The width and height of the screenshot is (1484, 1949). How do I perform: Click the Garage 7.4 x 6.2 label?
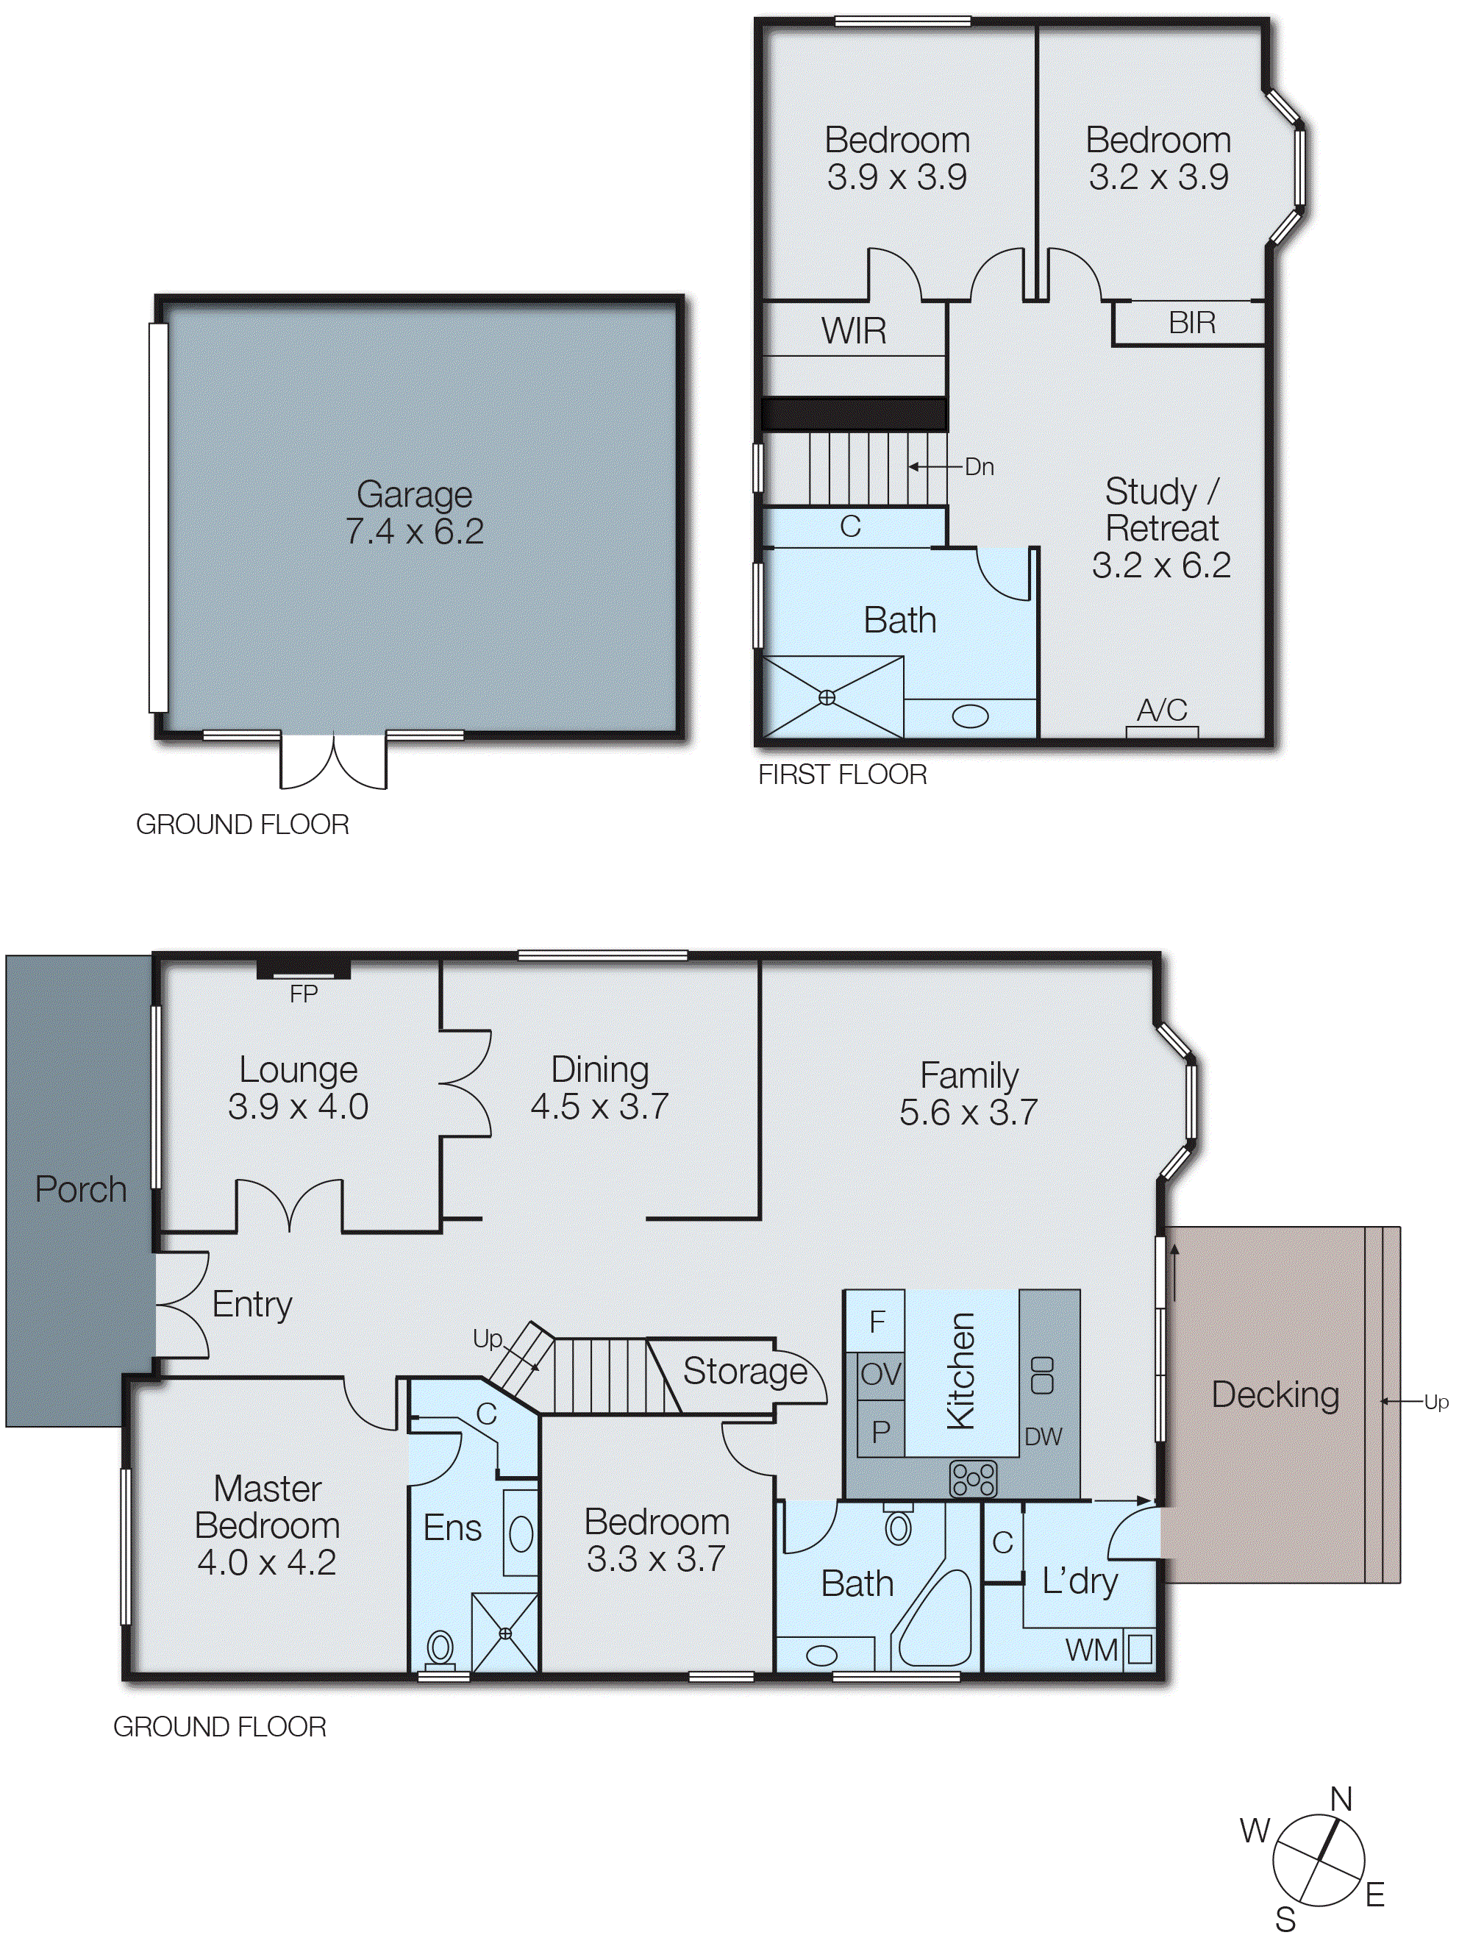pyautogui.click(x=413, y=513)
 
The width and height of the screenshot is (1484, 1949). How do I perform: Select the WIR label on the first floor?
pyautogui.click(x=853, y=330)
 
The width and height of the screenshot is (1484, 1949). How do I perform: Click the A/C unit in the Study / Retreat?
pyautogui.click(x=1162, y=730)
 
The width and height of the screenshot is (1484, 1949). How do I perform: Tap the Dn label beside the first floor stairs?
pyautogui.click(x=979, y=466)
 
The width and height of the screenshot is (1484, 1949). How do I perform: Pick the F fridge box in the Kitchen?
pyautogui.click(x=877, y=1322)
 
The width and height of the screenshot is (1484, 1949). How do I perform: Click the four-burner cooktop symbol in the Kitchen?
pyautogui.click(x=973, y=1478)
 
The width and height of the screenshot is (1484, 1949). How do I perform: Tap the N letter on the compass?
pyautogui.click(x=1341, y=1799)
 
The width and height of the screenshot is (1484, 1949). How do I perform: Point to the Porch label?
pyautogui.click(x=80, y=1189)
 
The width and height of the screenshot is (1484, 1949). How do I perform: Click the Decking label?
pyautogui.click(x=1274, y=1394)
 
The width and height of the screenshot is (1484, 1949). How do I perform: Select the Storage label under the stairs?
pyautogui.click(x=745, y=1370)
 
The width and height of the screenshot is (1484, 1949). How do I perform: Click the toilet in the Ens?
pyautogui.click(x=440, y=1647)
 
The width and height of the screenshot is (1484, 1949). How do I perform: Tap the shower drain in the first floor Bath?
pyautogui.click(x=827, y=697)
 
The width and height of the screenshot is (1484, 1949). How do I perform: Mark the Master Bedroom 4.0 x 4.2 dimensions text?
pyautogui.click(x=267, y=1562)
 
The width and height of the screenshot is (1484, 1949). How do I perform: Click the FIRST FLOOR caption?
pyautogui.click(x=842, y=775)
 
